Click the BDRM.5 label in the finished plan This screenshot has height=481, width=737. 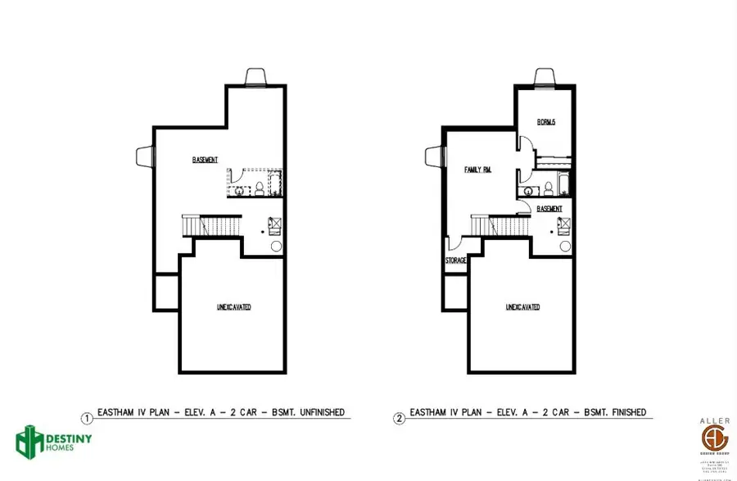[546, 123]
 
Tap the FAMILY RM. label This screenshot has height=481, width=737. [477, 170]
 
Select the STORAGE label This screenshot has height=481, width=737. [455, 261]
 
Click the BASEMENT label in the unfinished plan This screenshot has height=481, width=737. [205, 159]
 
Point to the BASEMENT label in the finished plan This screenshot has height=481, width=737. [549, 209]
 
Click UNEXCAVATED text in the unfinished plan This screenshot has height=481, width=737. [233, 307]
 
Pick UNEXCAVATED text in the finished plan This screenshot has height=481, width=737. [522, 307]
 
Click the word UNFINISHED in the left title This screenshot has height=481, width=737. [317, 412]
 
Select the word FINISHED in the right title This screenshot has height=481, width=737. [621, 412]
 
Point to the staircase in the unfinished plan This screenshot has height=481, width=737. [211, 224]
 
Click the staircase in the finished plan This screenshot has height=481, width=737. [500, 224]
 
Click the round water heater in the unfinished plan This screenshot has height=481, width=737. [276, 245]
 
